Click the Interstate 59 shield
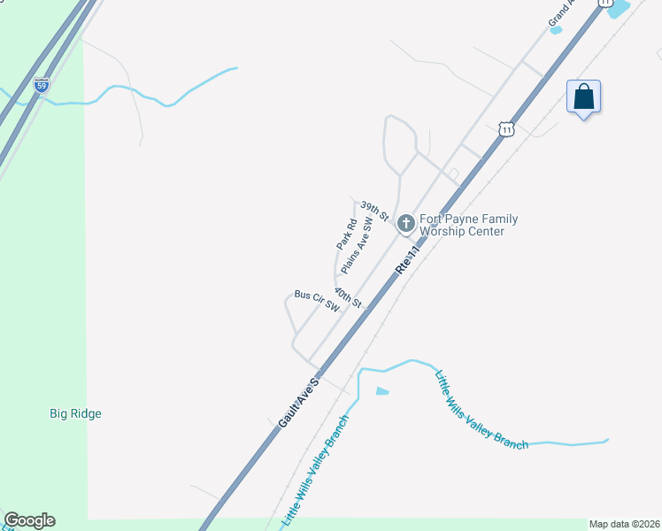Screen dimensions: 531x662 pos(42,86)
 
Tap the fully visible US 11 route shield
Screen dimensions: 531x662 pos(505,129)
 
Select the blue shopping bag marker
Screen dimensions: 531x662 pos(583,96)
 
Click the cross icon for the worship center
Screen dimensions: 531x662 pos(405,223)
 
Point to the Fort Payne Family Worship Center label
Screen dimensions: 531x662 pos(468,226)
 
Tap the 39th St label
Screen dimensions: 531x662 pos(374,211)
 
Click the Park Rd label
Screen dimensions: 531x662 pos(346,233)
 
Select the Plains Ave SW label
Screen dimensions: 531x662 pos(357,244)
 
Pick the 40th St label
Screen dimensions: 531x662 pos(349,296)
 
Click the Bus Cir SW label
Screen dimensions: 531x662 pos(317,301)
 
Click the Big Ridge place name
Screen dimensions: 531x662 pos(75,413)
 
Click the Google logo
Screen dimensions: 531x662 pos(29,520)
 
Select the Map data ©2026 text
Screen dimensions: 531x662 pos(624,524)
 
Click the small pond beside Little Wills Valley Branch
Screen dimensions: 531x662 pos(381,390)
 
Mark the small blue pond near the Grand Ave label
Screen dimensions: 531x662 pos(556,30)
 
